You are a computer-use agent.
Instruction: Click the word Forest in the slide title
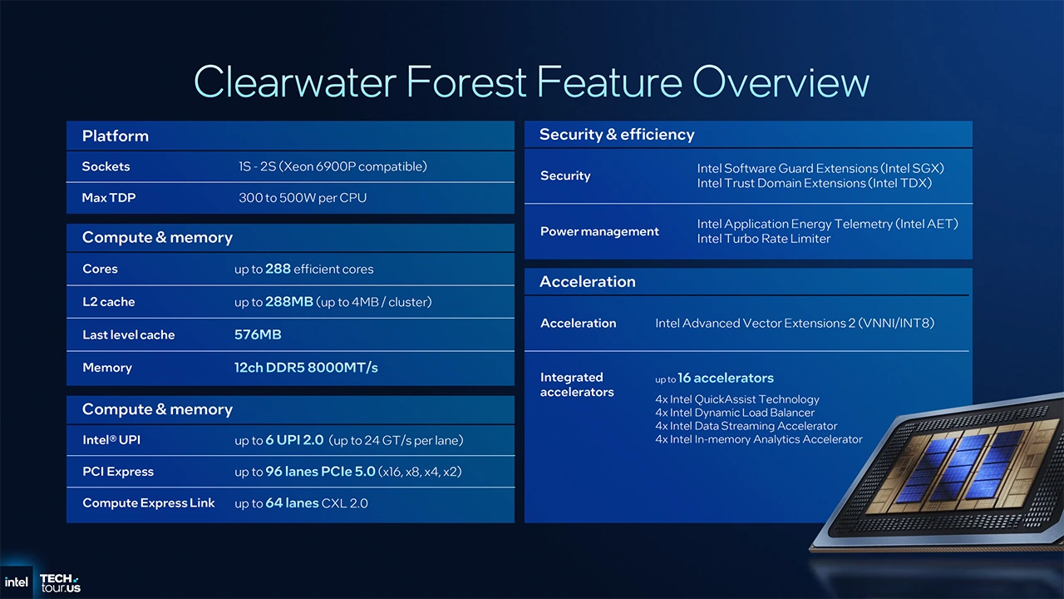point(466,82)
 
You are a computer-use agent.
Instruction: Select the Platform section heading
point(115,136)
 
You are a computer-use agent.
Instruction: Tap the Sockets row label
point(106,166)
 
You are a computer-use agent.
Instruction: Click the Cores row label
point(100,269)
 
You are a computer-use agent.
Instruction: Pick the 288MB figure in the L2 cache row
point(289,301)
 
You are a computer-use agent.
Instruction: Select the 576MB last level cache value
point(258,334)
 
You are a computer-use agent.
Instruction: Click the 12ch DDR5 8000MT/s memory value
point(306,367)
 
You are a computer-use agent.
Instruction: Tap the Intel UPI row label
point(111,440)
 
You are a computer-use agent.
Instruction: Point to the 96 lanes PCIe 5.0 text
point(320,472)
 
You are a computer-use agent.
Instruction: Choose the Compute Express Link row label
point(148,503)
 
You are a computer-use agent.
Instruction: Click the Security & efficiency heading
point(616,135)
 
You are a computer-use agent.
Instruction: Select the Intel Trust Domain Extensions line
point(814,183)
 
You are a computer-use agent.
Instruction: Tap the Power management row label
point(599,231)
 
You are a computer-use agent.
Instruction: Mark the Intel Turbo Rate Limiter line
point(763,239)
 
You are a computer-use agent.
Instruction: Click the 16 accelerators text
point(725,378)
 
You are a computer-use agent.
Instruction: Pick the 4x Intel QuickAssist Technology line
point(736,399)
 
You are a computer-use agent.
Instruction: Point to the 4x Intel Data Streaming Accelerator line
point(746,426)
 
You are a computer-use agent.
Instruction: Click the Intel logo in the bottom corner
point(16,582)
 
